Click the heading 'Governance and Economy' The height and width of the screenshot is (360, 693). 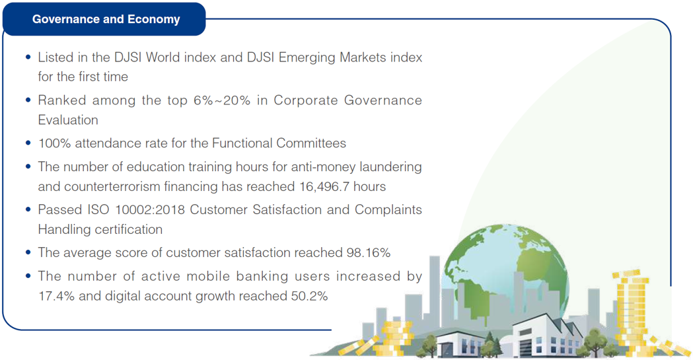(106, 19)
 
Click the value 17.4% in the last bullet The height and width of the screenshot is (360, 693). (56, 296)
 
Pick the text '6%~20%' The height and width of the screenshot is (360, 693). (222, 100)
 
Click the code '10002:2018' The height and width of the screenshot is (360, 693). (150, 209)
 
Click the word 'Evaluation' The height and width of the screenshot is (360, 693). (68, 120)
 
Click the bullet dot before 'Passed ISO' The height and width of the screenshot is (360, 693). (28, 209)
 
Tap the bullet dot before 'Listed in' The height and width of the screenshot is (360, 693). (28, 57)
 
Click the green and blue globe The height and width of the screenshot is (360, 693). (506, 270)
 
